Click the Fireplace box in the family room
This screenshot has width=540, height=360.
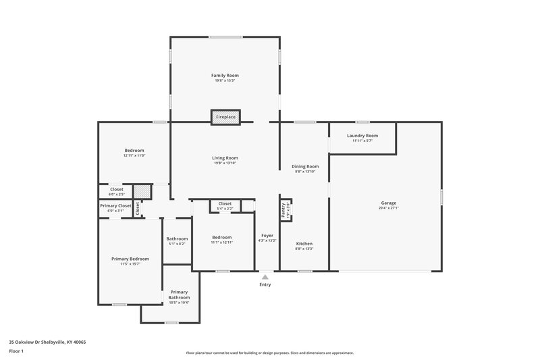(x=225, y=117)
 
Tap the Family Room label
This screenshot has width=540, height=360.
(x=225, y=75)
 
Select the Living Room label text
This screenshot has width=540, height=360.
(x=225, y=157)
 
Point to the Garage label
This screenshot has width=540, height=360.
(x=388, y=203)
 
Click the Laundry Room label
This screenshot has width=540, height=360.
(x=362, y=135)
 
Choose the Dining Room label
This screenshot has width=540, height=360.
(x=305, y=165)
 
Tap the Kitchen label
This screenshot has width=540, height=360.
(x=304, y=243)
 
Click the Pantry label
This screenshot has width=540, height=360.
(x=284, y=209)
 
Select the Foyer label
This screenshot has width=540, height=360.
(x=267, y=235)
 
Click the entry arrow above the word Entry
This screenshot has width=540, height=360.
(x=265, y=276)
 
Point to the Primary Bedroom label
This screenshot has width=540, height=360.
(x=130, y=259)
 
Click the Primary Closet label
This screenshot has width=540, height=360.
(x=115, y=205)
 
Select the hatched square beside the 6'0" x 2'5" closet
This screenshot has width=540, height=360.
(x=141, y=192)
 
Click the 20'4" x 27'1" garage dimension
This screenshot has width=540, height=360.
(x=388, y=208)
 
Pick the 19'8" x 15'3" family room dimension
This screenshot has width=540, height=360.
(x=225, y=81)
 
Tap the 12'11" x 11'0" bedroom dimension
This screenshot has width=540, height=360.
(x=134, y=155)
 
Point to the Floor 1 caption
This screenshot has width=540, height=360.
(x=17, y=351)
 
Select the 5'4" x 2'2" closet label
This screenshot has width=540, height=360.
(x=225, y=208)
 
